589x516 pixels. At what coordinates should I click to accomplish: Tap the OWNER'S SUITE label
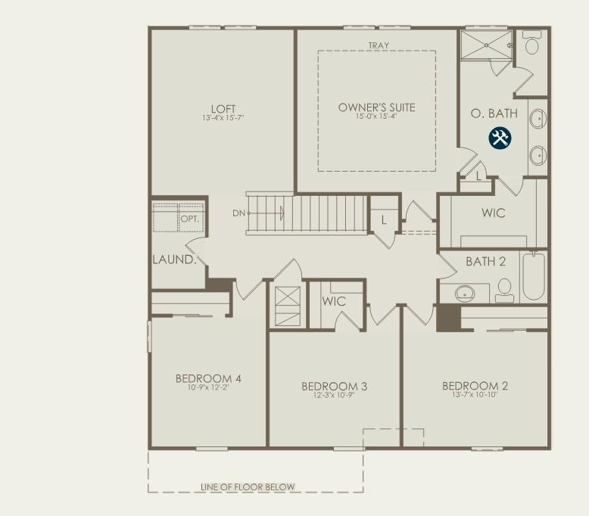(x=376, y=107)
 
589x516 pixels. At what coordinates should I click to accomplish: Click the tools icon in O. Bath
(x=500, y=138)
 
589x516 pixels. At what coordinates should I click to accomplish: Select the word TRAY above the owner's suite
(x=378, y=46)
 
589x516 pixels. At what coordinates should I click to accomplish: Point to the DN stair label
(x=239, y=213)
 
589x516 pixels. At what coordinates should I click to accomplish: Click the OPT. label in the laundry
(x=189, y=219)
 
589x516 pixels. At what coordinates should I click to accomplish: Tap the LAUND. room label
(x=174, y=260)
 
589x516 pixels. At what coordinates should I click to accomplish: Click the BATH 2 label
(x=485, y=262)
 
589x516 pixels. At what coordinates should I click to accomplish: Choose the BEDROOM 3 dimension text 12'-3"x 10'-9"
(x=334, y=396)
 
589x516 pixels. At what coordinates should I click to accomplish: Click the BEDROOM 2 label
(x=475, y=386)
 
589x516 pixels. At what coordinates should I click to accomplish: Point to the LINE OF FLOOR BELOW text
(x=248, y=486)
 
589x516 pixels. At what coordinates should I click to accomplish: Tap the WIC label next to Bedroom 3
(x=334, y=301)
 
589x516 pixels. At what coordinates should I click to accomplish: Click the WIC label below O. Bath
(x=493, y=213)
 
